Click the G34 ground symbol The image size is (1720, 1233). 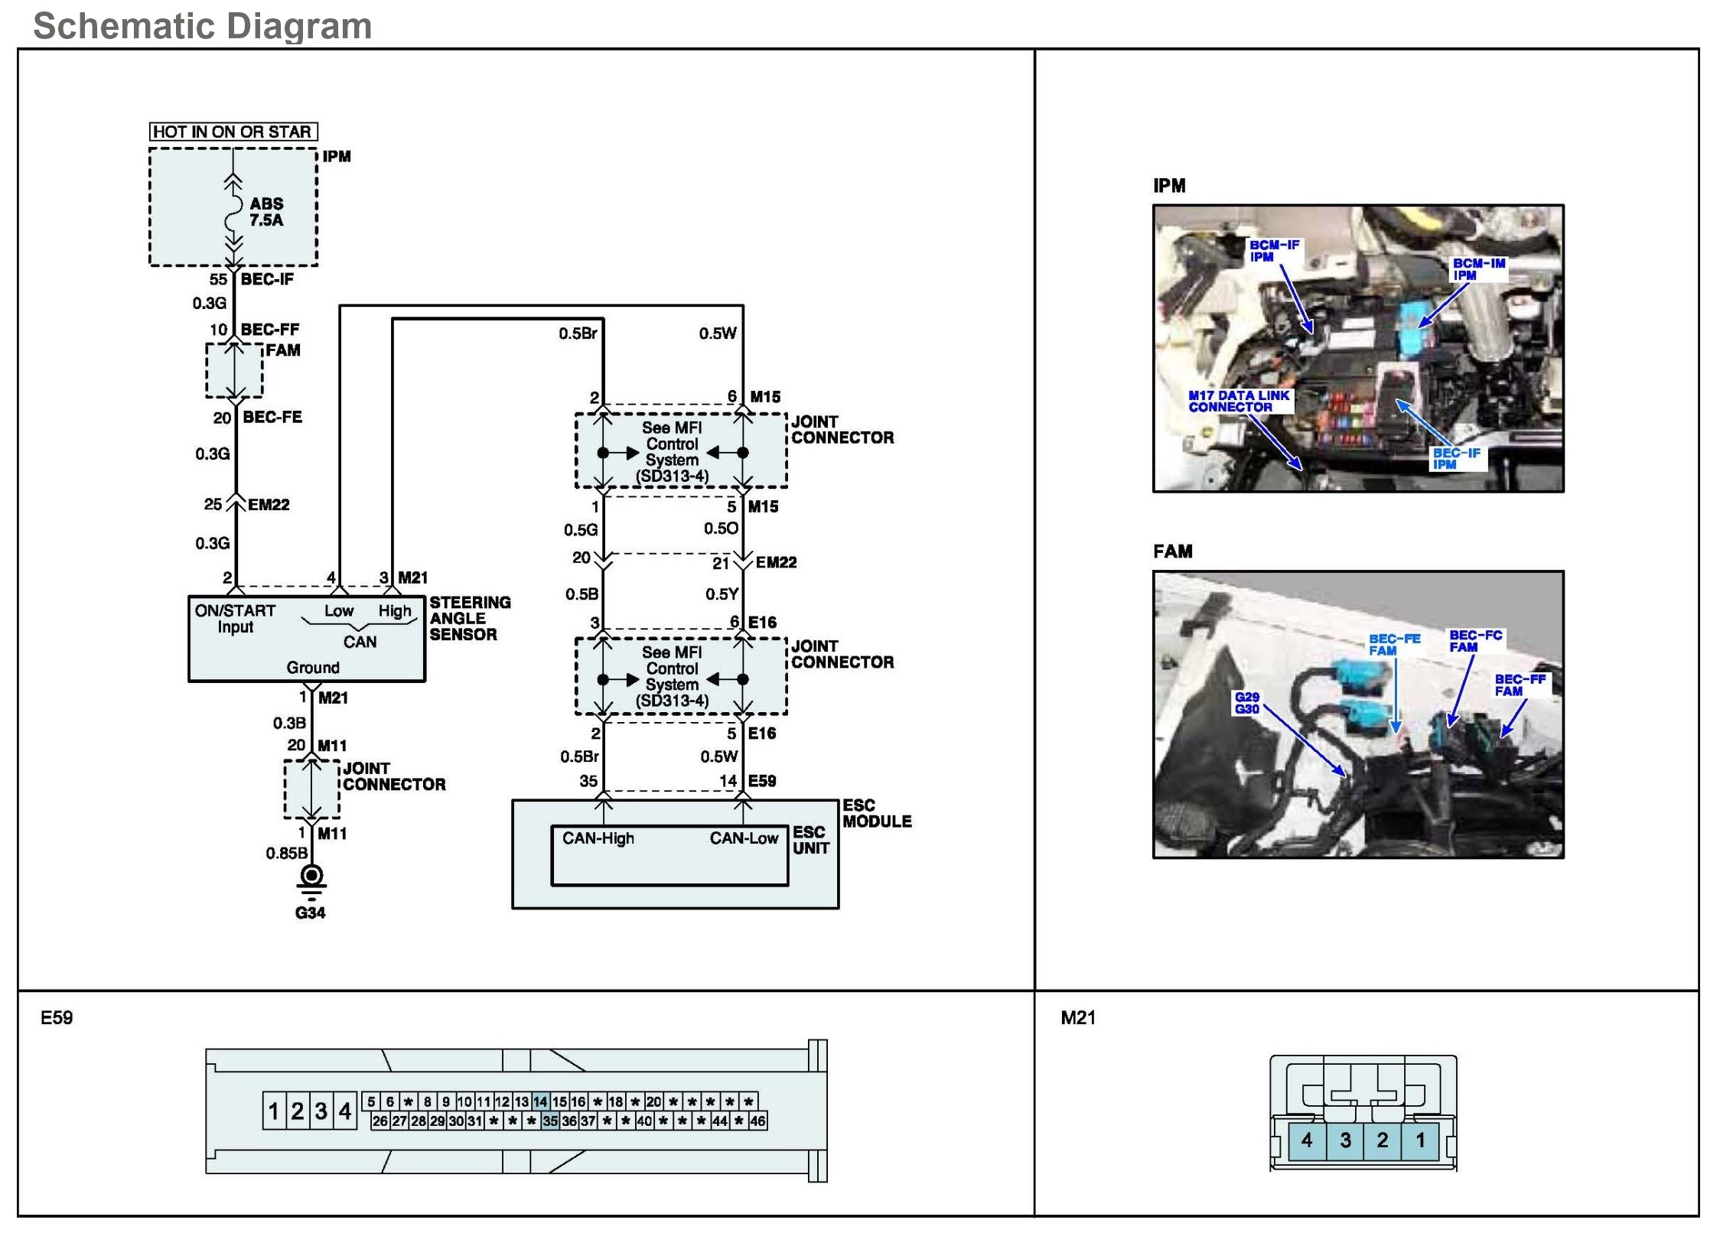pyautogui.click(x=311, y=880)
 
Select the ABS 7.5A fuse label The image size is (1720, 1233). pyautogui.click(x=266, y=212)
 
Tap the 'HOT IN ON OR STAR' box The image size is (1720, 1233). pyautogui.click(x=233, y=132)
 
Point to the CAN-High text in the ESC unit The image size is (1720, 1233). pyautogui.click(x=598, y=838)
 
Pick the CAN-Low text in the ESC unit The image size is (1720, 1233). pyautogui.click(x=743, y=838)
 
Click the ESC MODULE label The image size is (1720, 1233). pyautogui.click(x=876, y=813)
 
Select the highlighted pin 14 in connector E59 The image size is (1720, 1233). pyautogui.click(x=540, y=1101)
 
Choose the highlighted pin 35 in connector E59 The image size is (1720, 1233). pyautogui.click(x=550, y=1121)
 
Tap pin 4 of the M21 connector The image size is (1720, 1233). pyautogui.click(x=1307, y=1140)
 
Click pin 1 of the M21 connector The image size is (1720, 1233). pyautogui.click(x=1420, y=1140)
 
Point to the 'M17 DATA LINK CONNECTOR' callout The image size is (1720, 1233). pyautogui.click(x=1238, y=401)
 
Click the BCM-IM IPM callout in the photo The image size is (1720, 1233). pyautogui.click(x=1478, y=268)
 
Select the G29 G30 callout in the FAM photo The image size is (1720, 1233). pyautogui.click(x=1246, y=703)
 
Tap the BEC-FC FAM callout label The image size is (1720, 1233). pyautogui.click(x=1474, y=641)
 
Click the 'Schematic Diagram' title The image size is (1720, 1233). pyautogui.click(x=203, y=26)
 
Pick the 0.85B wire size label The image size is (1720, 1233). pyautogui.click(x=286, y=853)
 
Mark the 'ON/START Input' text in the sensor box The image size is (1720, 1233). pyautogui.click(x=235, y=619)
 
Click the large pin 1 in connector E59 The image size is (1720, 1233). pyautogui.click(x=273, y=1111)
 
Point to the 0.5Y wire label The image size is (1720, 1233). pyautogui.click(x=722, y=594)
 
